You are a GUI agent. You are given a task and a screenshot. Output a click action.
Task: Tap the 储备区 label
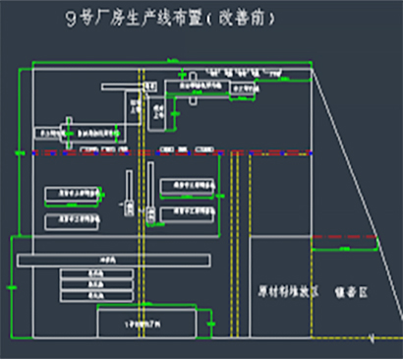[x=350, y=291]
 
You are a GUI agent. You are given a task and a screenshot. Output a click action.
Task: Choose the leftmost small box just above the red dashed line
[x=47, y=131]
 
